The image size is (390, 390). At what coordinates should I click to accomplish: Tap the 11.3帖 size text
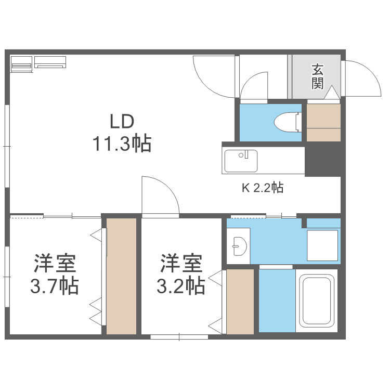122,143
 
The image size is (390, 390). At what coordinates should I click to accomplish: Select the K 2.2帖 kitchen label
262,188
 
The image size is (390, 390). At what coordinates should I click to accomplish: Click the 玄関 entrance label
318,76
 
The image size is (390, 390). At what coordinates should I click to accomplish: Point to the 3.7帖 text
55,285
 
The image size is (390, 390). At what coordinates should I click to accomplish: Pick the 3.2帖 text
180,285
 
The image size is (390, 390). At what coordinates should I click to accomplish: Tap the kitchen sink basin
240,160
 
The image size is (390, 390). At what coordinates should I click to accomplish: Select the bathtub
317,302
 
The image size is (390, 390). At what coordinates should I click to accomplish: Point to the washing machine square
322,244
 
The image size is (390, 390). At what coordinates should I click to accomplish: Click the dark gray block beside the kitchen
322,161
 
